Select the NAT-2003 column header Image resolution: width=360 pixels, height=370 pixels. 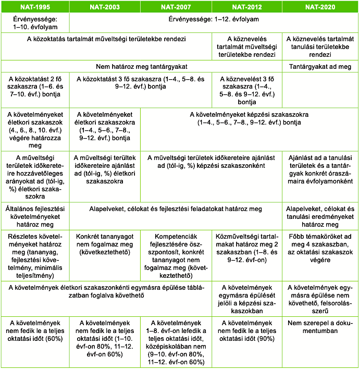coord(105,7)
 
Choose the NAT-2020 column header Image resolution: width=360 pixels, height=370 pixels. coord(320,7)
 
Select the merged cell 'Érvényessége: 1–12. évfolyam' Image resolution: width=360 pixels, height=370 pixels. coord(214,20)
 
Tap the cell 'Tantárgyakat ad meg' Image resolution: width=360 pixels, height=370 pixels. coord(320,67)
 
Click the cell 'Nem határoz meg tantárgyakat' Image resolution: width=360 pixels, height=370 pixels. coord(142,67)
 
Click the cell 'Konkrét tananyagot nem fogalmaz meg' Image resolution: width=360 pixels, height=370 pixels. coord(105,243)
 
